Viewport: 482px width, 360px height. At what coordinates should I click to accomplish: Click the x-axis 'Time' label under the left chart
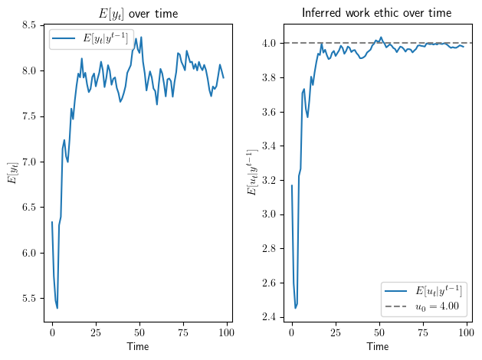(x=139, y=347)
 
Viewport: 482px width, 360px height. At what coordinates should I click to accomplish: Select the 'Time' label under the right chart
(x=377, y=347)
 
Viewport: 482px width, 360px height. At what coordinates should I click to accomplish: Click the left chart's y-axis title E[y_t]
(x=11, y=174)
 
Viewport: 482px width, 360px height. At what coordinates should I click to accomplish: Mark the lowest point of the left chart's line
(x=57, y=308)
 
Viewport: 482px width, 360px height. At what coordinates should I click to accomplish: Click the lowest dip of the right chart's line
(x=296, y=308)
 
